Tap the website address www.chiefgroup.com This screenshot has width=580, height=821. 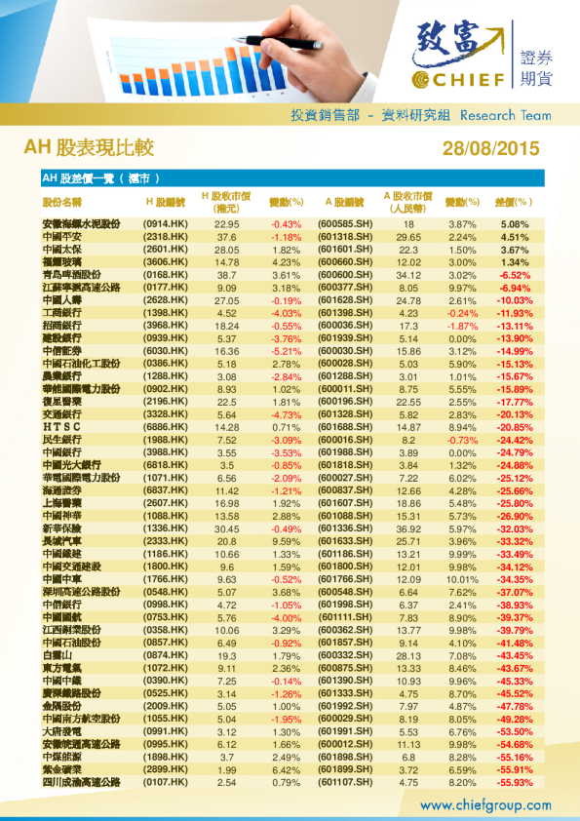tap(485, 805)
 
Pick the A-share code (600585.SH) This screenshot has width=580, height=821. tap(346, 224)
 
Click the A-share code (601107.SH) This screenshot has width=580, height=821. tap(346, 782)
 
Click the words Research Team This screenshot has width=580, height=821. tap(504, 115)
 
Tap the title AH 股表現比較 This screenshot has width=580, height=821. tap(89, 148)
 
